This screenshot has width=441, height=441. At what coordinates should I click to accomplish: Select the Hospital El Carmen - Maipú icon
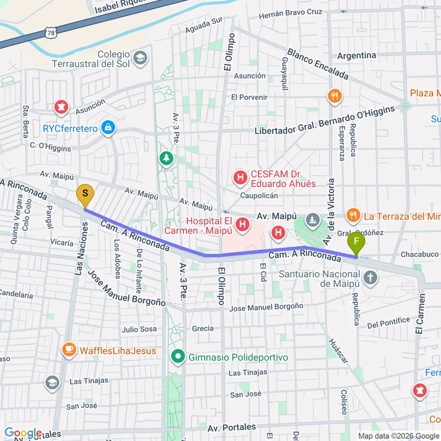point(242,224)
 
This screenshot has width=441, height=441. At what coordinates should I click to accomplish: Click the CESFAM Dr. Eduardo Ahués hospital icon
point(240,176)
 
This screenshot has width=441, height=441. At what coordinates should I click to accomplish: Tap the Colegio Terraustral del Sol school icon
point(140,58)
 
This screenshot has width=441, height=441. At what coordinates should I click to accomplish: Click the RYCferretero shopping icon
point(108,128)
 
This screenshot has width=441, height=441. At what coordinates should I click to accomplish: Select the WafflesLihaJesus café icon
point(69,350)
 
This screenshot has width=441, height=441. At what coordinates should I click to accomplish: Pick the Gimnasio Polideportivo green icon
point(177,357)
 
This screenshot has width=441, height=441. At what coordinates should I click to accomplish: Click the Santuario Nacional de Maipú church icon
point(370,277)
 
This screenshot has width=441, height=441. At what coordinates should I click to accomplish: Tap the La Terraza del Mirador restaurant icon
point(353,216)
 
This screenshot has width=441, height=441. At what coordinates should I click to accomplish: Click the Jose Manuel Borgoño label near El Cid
point(266,306)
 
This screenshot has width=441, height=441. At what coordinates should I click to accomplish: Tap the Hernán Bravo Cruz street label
point(290,12)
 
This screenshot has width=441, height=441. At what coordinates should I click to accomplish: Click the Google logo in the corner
point(23,433)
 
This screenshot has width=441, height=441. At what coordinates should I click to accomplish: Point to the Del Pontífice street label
point(388,322)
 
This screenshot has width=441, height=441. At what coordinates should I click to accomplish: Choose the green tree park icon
point(168,158)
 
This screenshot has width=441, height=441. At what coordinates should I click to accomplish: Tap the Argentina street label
point(356,55)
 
